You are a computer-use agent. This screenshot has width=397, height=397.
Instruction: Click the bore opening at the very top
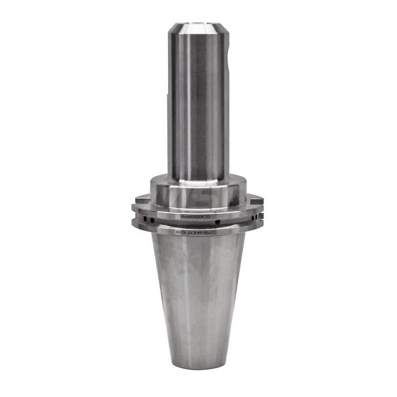198,25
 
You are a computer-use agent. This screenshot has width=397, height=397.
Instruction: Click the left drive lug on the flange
142,199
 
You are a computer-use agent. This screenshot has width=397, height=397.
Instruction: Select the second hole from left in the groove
153,220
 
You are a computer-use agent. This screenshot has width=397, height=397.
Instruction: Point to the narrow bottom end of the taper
198,363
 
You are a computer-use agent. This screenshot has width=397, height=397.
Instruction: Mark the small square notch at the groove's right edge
260,216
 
